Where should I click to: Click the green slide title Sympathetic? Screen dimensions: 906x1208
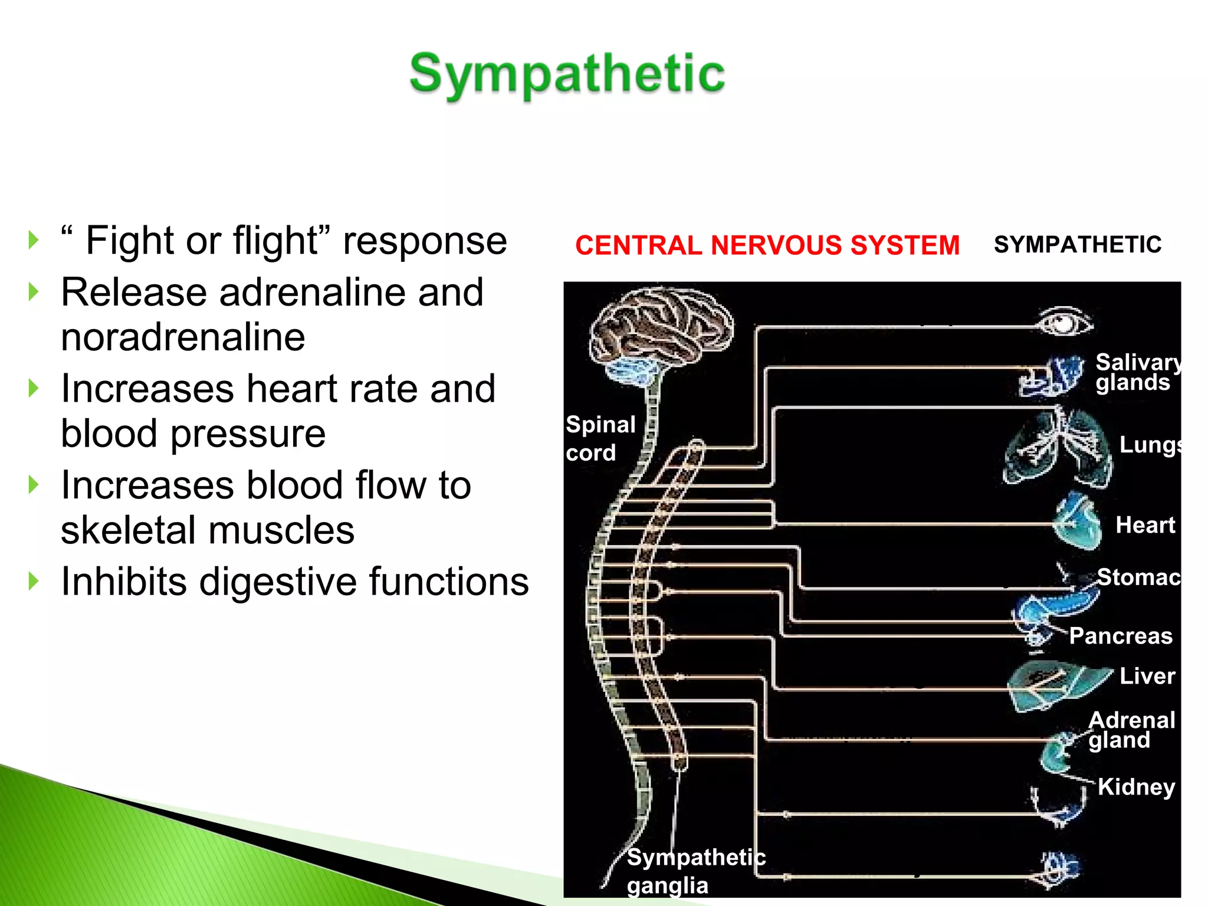[x=567, y=74]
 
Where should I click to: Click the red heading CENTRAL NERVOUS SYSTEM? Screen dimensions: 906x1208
[x=767, y=245]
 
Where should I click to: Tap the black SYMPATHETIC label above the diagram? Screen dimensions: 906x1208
[x=1077, y=244]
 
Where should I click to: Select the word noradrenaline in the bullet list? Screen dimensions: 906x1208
[x=183, y=337]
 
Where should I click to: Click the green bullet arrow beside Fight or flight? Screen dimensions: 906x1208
[x=34, y=241]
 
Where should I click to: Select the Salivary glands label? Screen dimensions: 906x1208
[x=1135, y=372]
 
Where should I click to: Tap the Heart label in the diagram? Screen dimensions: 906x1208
[x=1145, y=525]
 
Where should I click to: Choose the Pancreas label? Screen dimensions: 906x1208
[x=1120, y=636]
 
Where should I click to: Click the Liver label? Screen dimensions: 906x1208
[x=1147, y=676]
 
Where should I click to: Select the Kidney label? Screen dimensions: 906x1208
[x=1135, y=787]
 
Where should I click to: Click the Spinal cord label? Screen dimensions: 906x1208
[x=599, y=438]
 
